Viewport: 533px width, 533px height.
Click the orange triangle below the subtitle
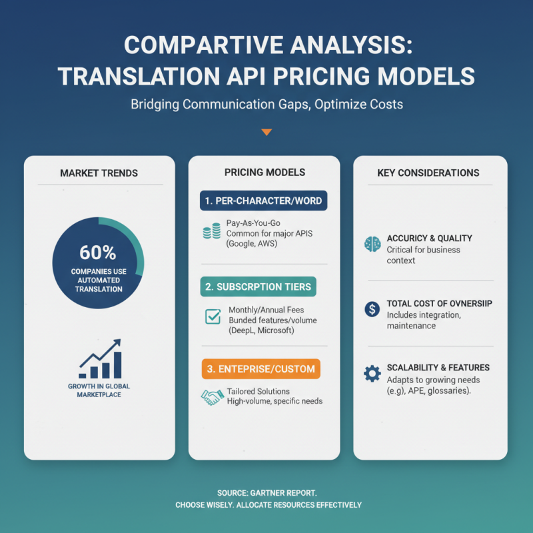(x=266, y=132)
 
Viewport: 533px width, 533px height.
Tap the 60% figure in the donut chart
(x=98, y=253)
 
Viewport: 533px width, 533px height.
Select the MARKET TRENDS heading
(x=99, y=173)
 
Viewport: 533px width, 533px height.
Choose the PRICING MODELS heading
(x=265, y=172)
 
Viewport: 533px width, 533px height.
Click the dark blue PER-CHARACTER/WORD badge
(x=264, y=201)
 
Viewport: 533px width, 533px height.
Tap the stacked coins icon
(x=211, y=233)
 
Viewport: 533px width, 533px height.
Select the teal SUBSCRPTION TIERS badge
(x=259, y=286)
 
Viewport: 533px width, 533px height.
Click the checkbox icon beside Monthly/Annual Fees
(x=213, y=317)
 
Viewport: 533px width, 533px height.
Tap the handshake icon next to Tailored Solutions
(x=212, y=397)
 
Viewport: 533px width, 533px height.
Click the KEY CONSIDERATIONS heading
(x=428, y=173)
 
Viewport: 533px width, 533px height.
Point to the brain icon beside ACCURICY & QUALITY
(x=371, y=244)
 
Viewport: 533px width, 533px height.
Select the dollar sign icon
(x=371, y=309)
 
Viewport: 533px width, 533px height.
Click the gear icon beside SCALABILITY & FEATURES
(x=371, y=373)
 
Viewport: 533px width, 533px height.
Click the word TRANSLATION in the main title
(x=133, y=75)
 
